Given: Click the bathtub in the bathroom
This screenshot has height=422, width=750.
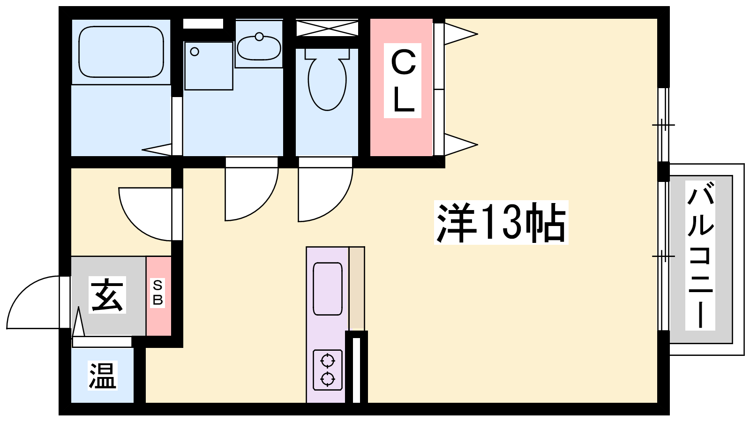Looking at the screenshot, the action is coord(121,52).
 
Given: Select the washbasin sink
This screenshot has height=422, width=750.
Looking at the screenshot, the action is coord(259,48).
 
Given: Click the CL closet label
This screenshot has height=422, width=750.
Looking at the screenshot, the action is coord(403,80).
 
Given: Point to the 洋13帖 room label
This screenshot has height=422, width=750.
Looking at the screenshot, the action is coord(501,222).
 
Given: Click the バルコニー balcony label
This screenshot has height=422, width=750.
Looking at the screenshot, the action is coord(700,256).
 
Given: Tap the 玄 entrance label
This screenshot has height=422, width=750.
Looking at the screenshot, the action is coord(107,295).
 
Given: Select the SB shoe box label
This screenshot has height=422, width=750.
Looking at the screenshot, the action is coord(157,293).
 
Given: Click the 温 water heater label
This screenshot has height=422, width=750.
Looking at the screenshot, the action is coord(103,376).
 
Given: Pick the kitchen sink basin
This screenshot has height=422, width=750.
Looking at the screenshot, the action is coord(328,289).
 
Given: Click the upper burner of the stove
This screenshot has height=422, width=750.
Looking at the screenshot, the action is coord(328,361).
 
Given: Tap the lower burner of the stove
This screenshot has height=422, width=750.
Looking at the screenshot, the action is coord(328,379).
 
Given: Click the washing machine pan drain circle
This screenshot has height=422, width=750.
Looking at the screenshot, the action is coord(195,52).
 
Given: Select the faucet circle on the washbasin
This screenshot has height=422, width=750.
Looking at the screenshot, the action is coord(259,37).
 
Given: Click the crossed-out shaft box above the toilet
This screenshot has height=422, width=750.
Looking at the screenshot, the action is coord(327,28).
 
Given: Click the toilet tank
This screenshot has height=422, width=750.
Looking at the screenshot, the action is coord(327,53).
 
